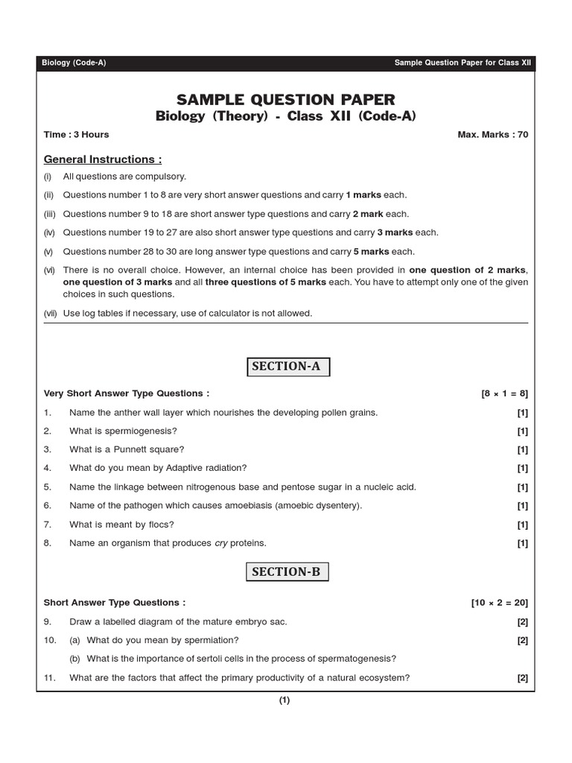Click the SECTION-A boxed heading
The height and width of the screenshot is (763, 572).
[286, 367]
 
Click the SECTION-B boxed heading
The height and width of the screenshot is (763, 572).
[286, 572]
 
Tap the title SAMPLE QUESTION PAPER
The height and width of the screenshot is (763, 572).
[286, 100]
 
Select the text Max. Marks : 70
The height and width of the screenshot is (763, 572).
[492, 135]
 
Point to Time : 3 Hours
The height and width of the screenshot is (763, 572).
[76, 135]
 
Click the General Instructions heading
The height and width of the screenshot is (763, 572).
[103, 159]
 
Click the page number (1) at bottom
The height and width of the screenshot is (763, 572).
[285, 700]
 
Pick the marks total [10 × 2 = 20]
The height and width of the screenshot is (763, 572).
[499, 603]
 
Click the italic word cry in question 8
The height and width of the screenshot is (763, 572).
[221, 543]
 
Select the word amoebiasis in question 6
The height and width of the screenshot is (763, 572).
[243, 506]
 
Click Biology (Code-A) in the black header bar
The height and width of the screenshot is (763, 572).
[74, 63]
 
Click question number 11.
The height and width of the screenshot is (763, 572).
[50, 678]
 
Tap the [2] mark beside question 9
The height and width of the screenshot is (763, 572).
[522, 621]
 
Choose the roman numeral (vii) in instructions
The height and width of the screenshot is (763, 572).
[51, 314]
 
